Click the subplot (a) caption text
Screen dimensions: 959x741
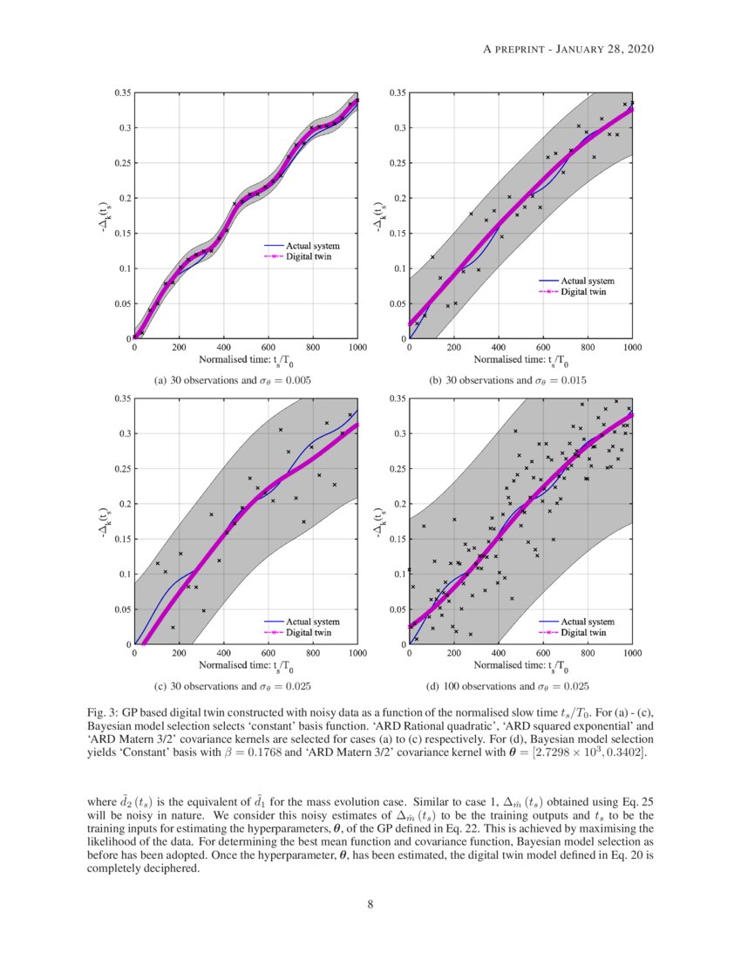(x=233, y=381)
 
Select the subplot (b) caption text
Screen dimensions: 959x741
(x=507, y=381)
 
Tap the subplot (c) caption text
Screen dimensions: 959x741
(x=233, y=686)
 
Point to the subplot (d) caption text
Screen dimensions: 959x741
(x=507, y=686)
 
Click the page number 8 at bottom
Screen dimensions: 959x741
(x=370, y=904)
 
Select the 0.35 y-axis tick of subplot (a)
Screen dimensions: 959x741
(x=122, y=92)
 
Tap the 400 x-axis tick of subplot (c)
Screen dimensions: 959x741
(x=223, y=654)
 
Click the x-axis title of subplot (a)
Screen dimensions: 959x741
(x=245, y=360)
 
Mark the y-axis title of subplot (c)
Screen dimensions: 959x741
(x=104, y=521)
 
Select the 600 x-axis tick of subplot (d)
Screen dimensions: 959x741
(x=543, y=654)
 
